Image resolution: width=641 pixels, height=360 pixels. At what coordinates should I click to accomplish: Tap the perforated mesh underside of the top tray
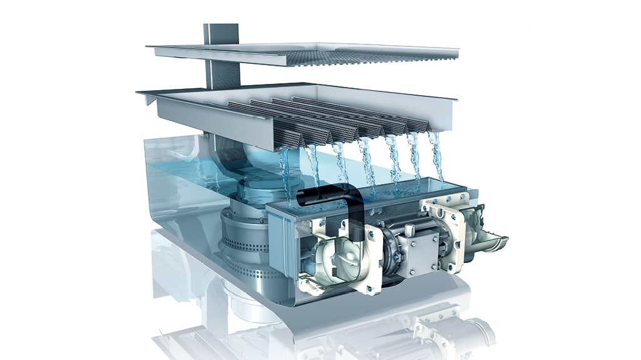pos(351,58)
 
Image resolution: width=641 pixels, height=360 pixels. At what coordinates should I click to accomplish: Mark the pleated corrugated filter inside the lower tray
pos(326,122)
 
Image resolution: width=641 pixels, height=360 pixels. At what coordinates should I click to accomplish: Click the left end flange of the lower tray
pos(145,94)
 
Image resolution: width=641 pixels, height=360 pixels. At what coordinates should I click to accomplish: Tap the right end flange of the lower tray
pos(452,98)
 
